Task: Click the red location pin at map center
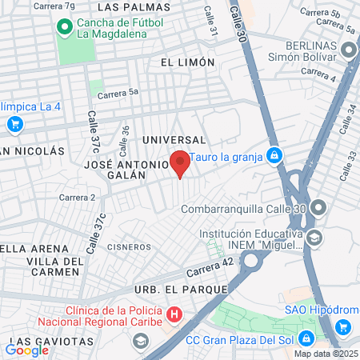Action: click(x=180, y=162)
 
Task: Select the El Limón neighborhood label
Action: click(x=187, y=62)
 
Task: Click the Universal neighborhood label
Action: click(x=169, y=140)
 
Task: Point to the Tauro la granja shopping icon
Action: click(x=274, y=155)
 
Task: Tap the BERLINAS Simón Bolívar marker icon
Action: click(x=348, y=50)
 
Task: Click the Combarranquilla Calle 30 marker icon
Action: click(x=318, y=209)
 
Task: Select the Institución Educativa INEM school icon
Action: click(x=315, y=238)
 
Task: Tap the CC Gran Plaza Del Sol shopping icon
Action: click(x=306, y=339)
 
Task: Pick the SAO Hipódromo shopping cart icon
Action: click(x=345, y=326)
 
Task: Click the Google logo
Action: click(x=26, y=350)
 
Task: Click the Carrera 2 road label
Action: click(x=77, y=197)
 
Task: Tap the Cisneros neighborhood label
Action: click(x=129, y=246)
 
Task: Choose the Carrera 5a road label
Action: click(x=118, y=93)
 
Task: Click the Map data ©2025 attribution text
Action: click(x=326, y=354)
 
